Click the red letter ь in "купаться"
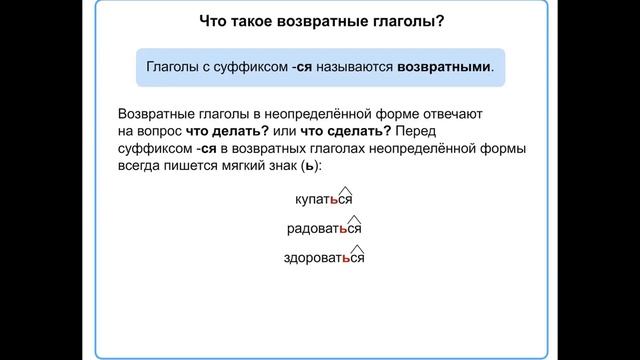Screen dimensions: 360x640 (x=334, y=200)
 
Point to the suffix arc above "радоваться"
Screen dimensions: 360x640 (x=354, y=218)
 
